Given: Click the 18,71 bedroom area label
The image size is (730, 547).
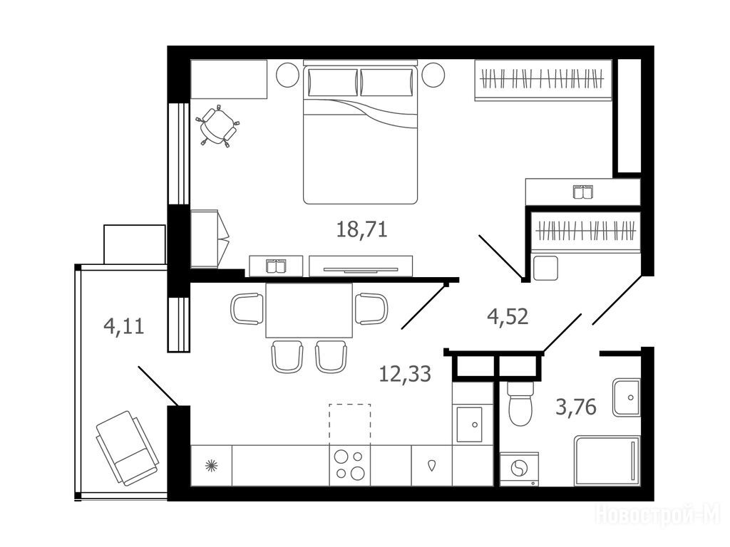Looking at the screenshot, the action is tap(361, 230).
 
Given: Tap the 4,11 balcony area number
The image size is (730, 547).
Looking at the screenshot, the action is tap(124, 326).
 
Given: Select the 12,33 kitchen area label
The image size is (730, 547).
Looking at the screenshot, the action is tap(405, 373).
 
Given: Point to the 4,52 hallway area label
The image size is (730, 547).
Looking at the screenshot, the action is tap(508, 317).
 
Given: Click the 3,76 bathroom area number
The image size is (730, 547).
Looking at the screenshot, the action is tap(576, 407).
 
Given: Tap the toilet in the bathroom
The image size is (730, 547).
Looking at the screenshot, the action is tap(520, 403).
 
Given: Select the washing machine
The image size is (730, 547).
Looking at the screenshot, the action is tap(519, 469).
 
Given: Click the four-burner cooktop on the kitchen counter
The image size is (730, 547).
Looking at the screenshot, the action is tap(350, 465).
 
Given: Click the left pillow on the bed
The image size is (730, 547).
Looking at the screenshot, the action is tap(332, 83).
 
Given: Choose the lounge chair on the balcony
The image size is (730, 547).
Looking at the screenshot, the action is tap(127, 448).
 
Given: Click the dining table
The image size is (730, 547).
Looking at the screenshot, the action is tap(309, 310).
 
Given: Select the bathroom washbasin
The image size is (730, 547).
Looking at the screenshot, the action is tap(626, 397).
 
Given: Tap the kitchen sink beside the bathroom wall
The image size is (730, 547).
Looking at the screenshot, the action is tap(469, 424).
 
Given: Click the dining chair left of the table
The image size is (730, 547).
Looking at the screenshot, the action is tap(247, 309).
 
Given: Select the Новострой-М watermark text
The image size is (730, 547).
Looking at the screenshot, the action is tap(658, 516).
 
